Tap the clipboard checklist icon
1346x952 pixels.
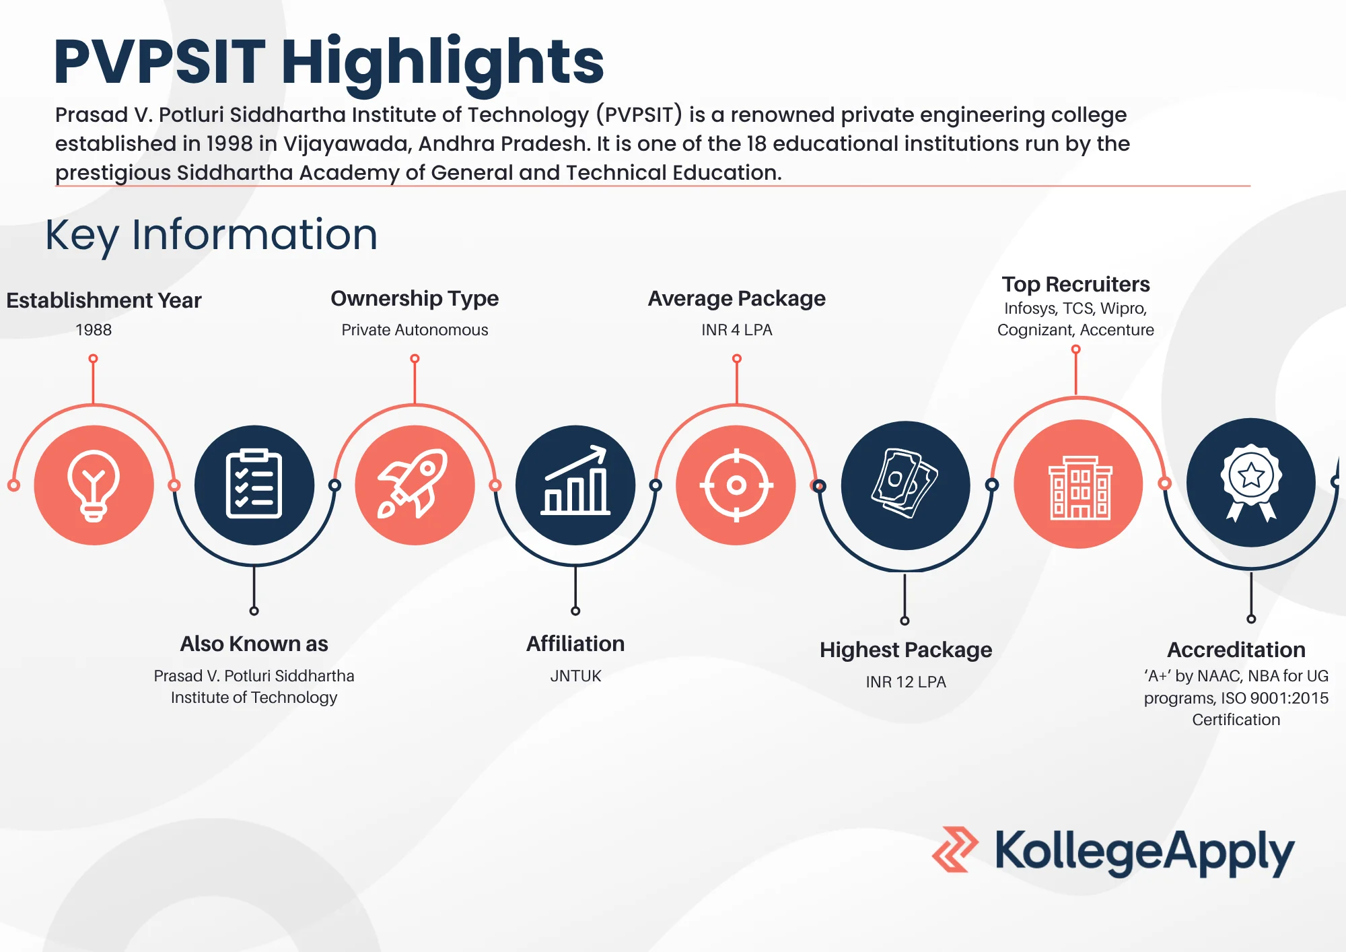point(254,483)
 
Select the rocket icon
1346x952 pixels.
point(413,483)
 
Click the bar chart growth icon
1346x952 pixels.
point(575,480)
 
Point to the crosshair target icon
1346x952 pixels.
point(736,485)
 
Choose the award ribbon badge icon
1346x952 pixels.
point(1251,483)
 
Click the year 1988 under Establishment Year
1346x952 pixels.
point(94,330)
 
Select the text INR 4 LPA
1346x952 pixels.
point(736,330)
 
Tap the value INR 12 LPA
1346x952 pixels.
point(906,682)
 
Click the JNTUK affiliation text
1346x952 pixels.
point(575,676)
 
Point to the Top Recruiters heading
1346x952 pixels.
point(1075,284)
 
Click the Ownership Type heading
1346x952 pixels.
point(415,298)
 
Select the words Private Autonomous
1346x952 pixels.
point(415,330)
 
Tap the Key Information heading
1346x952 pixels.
point(211,235)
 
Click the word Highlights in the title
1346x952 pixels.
point(443,63)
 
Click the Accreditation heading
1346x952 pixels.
point(1236,650)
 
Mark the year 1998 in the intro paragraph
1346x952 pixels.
point(229,143)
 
